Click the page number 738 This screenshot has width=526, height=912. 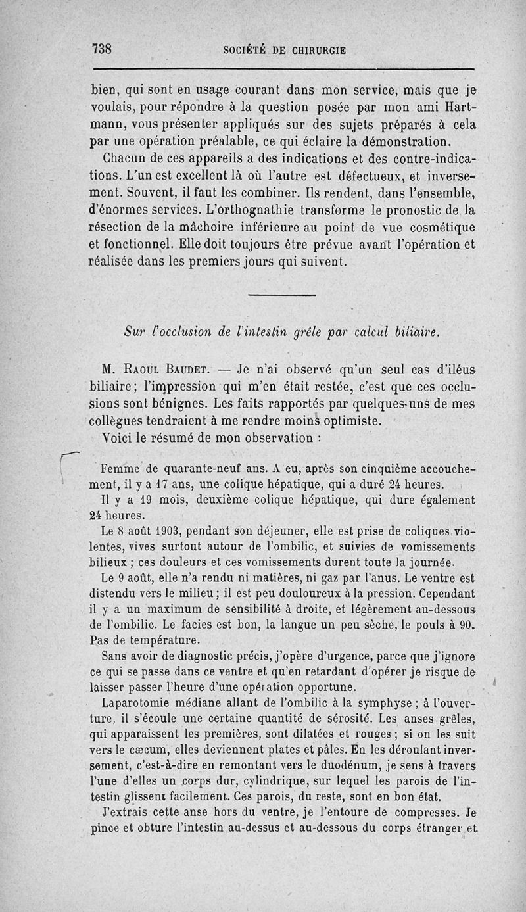pos(103,49)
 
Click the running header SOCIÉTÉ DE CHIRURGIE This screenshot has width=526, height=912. pos(285,50)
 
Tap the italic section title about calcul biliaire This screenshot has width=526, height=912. pos(281,333)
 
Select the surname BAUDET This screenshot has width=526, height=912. pos(191,367)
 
